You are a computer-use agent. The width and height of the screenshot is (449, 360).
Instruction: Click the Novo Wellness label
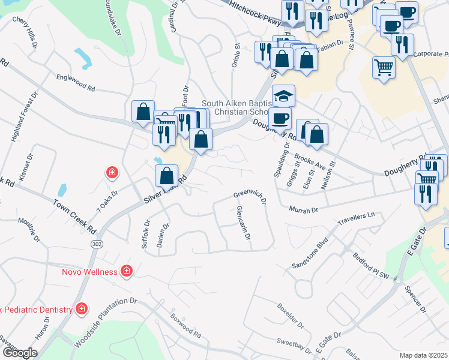pos(89,272)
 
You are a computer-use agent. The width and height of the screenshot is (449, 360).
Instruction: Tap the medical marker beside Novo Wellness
pos(126,271)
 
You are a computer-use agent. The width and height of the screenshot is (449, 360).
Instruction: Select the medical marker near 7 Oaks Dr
pos(112,173)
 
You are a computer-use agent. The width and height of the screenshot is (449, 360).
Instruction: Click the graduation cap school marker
pos(283,95)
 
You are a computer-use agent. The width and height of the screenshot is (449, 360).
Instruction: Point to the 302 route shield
pos(97,245)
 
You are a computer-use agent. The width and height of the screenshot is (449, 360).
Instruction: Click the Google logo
pos(20,353)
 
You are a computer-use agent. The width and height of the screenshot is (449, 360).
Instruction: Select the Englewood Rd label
pos(76,83)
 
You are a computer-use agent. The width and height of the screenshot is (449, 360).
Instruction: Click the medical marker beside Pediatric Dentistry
pos(82,309)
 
